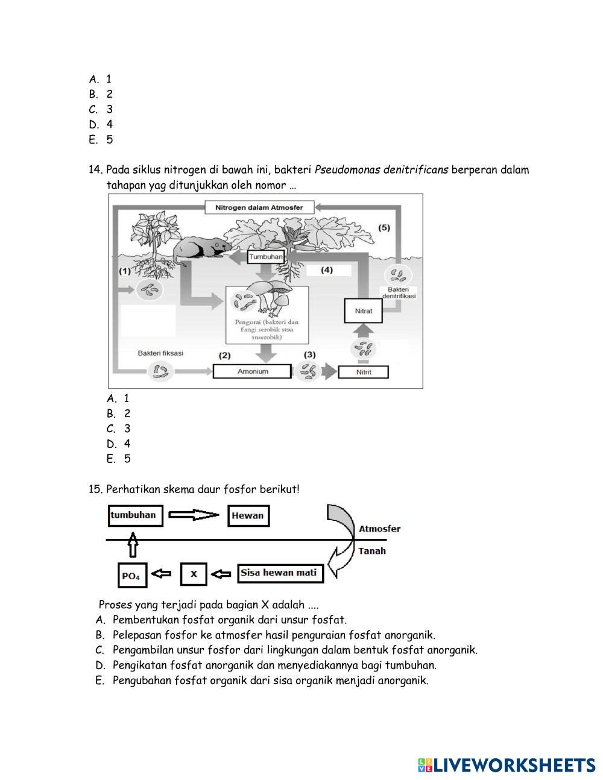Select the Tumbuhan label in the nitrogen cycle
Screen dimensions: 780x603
pos(265,257)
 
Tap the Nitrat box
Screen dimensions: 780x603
pos(364,311)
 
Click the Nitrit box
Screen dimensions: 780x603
pos(364,372)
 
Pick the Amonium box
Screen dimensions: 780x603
pos(253,371)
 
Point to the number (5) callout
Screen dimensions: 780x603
pos(384,228)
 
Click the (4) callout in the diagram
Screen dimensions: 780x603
pos(327,270)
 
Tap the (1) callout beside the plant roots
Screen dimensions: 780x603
pos(124,271)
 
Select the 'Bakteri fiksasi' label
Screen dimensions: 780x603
pos(160,353)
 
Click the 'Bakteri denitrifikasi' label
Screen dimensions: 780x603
pos(399,293)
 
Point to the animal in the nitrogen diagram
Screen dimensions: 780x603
pos(199,247)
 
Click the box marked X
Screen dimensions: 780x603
pos(194,574)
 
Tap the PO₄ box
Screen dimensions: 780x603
pos(132,576)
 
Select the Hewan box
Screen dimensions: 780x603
pos(248,516)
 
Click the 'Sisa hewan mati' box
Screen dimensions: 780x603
pos(280,573)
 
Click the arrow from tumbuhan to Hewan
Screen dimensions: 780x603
pos(194,515)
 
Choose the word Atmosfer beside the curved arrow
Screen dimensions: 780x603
pos(380,529)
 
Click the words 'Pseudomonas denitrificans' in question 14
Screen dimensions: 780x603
pos(381,170)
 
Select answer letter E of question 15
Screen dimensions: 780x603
pos(100,681)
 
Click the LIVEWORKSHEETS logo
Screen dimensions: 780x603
pos(507,765)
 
